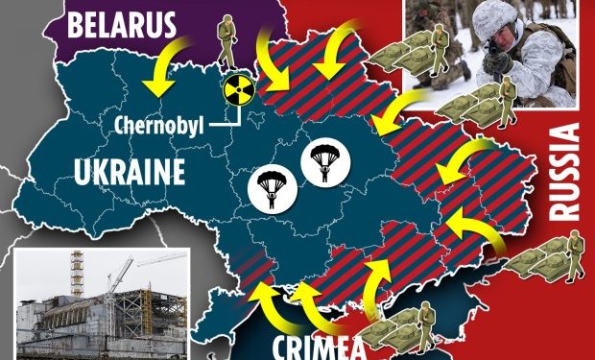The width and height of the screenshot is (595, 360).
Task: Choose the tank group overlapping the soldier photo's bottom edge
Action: click(x=481, y=102)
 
